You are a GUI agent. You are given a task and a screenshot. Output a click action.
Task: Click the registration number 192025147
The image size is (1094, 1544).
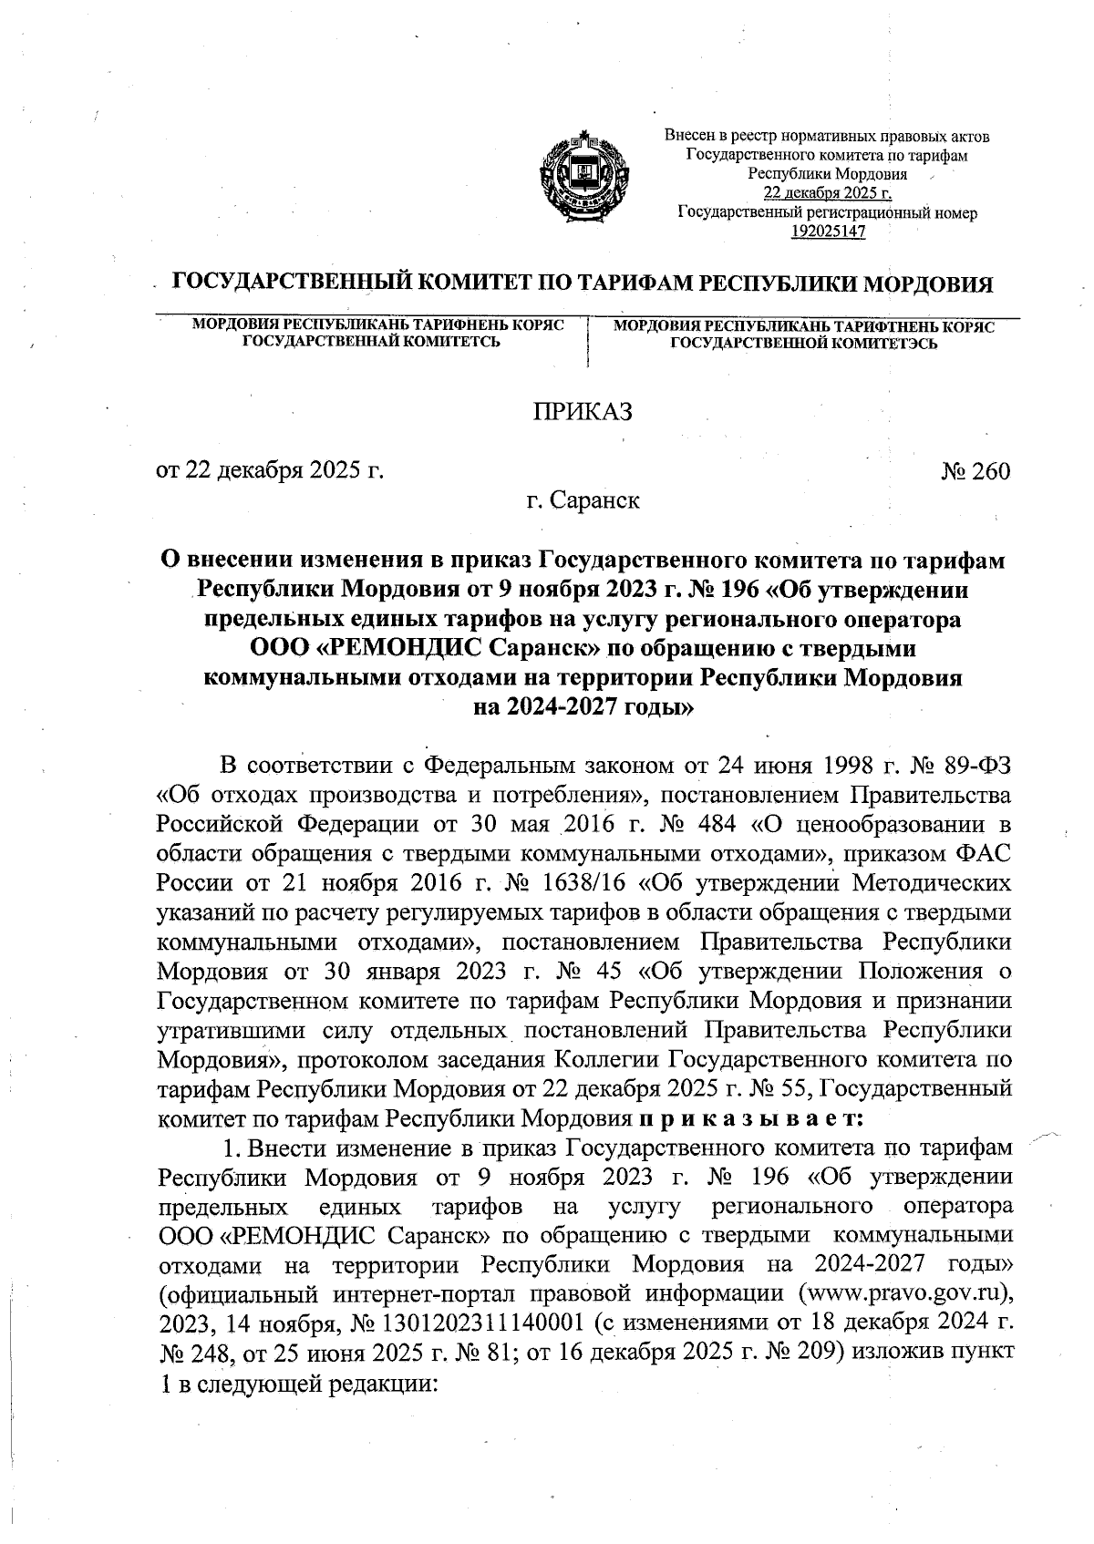(x=828, y=232)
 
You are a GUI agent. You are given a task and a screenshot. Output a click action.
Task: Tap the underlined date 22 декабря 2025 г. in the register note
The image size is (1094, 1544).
(x=828, y=193)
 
